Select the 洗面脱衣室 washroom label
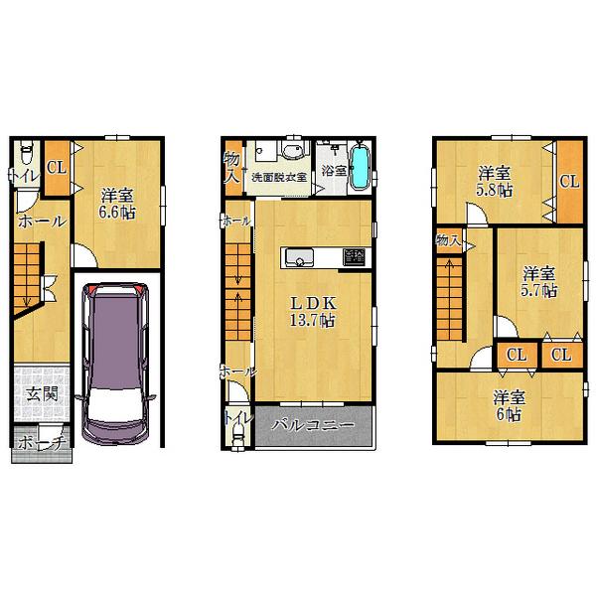tap(278, 177)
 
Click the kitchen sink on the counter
tap(299, 258)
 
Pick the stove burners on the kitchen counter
tap(354, 257)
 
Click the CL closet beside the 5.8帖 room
tap(568, 182)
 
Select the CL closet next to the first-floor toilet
tap(55, 167)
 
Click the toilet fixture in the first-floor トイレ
tap(27, 154)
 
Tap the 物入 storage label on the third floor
tap(448, 239)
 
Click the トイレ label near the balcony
tap(236, 421)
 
